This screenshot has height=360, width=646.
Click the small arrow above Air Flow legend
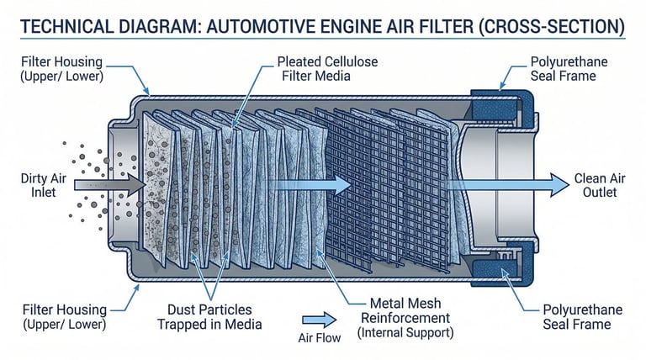pos(317,319)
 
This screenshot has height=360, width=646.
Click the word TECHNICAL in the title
pos(66,27)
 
